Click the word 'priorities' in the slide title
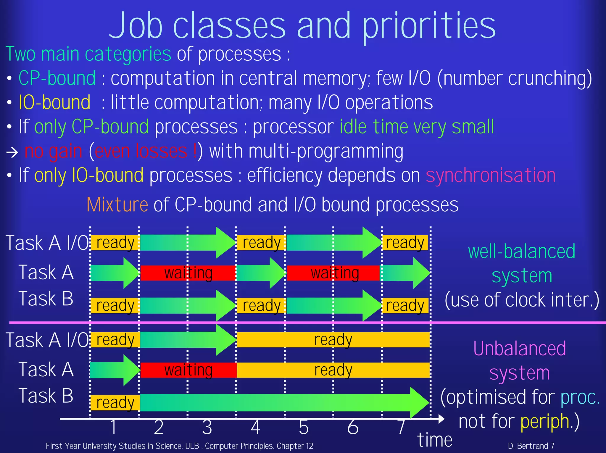(x=429, y=27)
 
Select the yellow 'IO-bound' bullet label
(x=54, y=102)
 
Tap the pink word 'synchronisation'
(x=490, y=175)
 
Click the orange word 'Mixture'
(x=117, y=204)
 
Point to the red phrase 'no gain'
(x=53, y=151)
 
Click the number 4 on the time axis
(x=255, y=427)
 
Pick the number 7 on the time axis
(x=401, y=427)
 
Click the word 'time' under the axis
(x=435, y=440)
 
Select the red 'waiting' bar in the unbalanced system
(x=188, y=370)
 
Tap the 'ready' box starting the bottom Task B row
(x=115, y=402)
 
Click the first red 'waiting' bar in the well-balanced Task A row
(x=188, y=273)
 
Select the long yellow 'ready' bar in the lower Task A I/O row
(x=333, y=339)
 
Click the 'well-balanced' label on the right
(x=521, y=251)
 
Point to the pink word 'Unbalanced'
(x=519, y=348)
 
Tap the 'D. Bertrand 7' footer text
(x=531, y=446)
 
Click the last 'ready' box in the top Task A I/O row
(x=405, y=243)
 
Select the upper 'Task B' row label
(x=46, y=298)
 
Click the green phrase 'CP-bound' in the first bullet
(x=57, y=78)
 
